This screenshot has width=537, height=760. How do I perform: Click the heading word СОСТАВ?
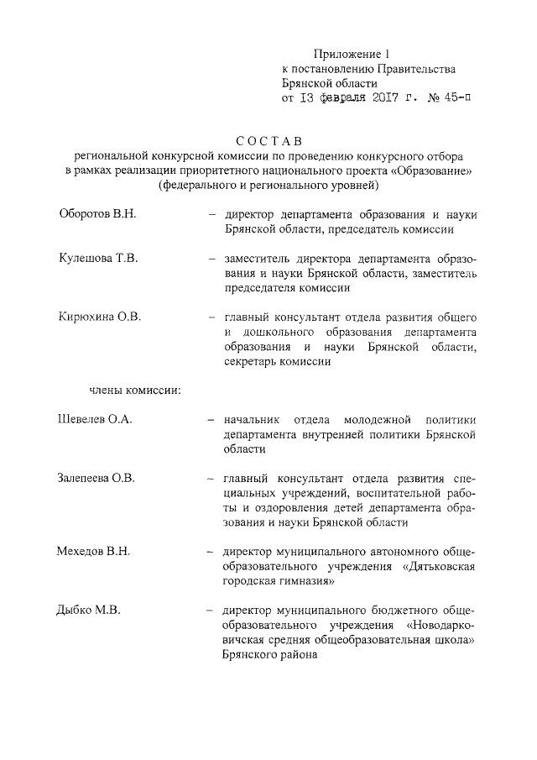pos(268,140)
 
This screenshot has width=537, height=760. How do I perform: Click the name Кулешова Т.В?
pos(97,257)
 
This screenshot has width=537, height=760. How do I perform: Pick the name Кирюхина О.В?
pos(99,317)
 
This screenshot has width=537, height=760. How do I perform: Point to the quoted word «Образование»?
pos(431,170)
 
